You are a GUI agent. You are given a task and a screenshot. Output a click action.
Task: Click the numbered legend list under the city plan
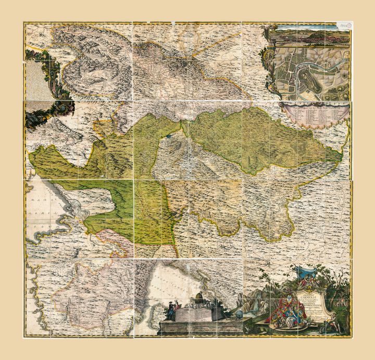pos(315,112)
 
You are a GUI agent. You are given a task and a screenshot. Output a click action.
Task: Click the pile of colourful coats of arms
pos(285,312)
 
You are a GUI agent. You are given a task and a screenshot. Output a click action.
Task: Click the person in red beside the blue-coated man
pos(177,310)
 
